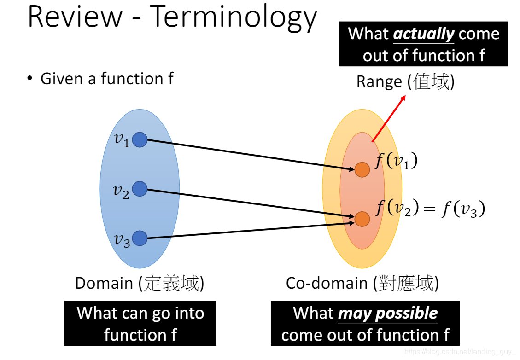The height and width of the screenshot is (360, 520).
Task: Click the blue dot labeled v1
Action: [x=140, y=139]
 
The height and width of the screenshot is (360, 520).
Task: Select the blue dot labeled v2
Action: [x=140, y=189]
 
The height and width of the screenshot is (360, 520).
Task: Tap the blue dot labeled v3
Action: [x=140, y=238]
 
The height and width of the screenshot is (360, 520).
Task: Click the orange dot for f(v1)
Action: [x=362, y=169]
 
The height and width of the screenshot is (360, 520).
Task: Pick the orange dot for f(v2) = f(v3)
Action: [x=362, y=219]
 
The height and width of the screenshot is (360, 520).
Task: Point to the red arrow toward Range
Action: [x=388, y=118]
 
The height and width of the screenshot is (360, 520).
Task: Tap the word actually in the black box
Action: [x=424, y=34]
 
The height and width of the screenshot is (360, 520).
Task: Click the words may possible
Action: [x=388, y=313]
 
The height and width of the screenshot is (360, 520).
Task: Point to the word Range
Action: [x=379, y=82]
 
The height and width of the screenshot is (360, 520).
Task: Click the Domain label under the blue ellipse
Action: [x=104, y=283]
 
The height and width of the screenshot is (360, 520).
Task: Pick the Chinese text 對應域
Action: [x=405, y=283]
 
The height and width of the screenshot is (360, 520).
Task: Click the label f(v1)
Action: [x=396, y=162]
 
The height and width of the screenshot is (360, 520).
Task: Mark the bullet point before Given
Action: [x=30, y=79]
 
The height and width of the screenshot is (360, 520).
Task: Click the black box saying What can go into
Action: [x=140, y=323]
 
